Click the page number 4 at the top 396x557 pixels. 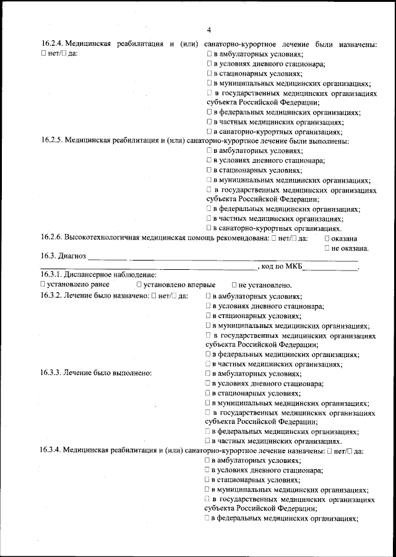(209, 30)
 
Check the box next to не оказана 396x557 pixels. (327, 248)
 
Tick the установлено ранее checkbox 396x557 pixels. (43, 284)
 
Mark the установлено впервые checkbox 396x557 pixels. (139, 284)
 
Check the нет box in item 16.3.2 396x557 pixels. (154, 296)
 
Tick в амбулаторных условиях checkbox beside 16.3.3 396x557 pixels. (209, 373)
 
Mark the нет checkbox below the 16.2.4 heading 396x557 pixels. (43, 54)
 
